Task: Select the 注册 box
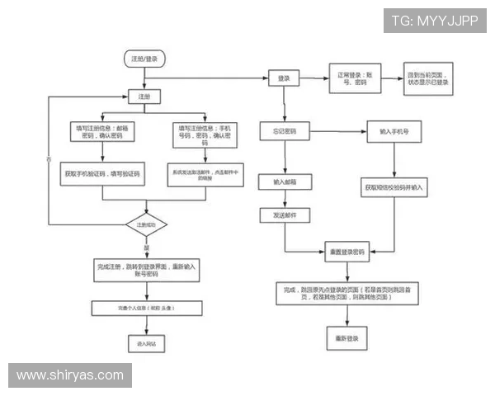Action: (144, 97)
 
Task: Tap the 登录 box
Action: (284, 78)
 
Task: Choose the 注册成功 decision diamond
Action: (145, 224)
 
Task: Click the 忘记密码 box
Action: (285, 131)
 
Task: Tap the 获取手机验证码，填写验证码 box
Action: (101, 175)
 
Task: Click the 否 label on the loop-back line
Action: (49, 158)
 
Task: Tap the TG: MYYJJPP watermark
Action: (434, 21)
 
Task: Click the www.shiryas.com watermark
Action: (69, 376)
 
